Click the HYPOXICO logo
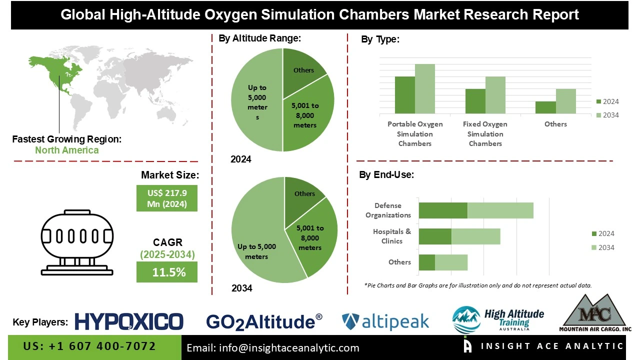[129, 321]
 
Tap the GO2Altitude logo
[264, 321]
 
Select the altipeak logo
[385, 321]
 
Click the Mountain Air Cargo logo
[594, 314]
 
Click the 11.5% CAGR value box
[166, 272]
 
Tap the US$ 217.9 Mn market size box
[166, 198]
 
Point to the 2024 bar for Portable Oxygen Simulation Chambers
[404, 95]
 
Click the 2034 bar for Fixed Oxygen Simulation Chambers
[495, 95]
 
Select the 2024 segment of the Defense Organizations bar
[442, 210]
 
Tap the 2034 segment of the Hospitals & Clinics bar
[475, 236]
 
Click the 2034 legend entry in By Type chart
[607, 115]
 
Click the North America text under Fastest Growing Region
[66, 150]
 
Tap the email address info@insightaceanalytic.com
[272, 347]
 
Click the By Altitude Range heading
[259, 38]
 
